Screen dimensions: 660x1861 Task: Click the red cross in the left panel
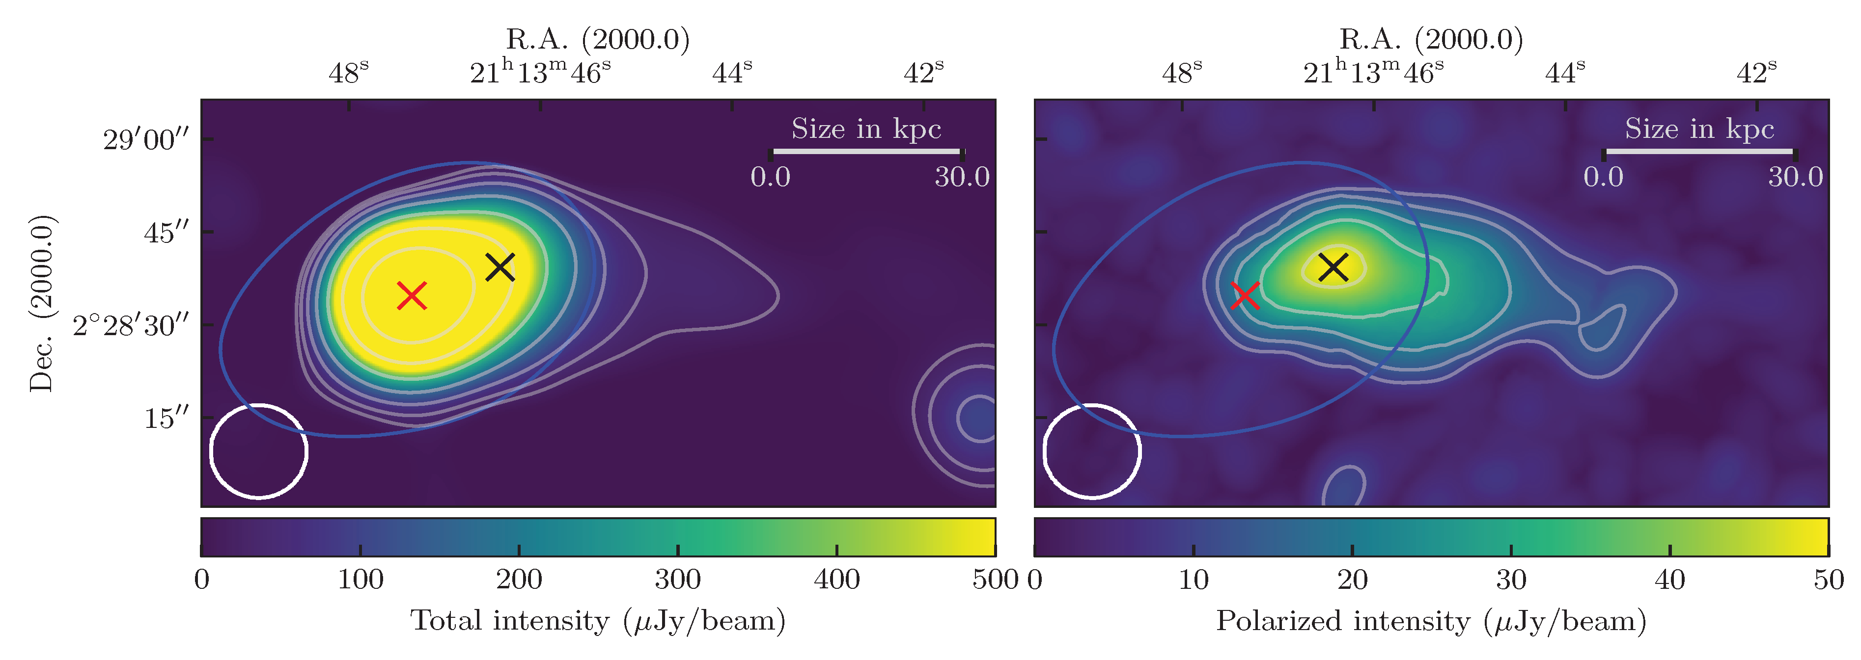(x=412, y=295)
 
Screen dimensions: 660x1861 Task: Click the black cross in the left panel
(x=500, y=267)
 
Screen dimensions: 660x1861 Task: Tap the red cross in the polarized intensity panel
(x=1245, y=295)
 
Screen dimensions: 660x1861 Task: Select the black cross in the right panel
(x=1333, y=267)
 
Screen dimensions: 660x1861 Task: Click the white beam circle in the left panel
(x=259, y=451)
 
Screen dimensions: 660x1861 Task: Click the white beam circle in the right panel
(x=1092, y=451)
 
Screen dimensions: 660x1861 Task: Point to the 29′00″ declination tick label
(x=147, y=139)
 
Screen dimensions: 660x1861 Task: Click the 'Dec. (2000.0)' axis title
(x=41, y=303)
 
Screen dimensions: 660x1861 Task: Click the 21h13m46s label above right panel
(x=1373, y=72)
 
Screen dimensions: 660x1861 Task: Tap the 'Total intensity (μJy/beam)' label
(x=597, y=621)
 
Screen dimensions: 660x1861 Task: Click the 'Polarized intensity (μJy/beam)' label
(x=1430, y=621)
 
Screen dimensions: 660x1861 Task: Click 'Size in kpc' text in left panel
(x=866, y=129)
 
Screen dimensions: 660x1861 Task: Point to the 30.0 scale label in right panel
(x=1795, y=177)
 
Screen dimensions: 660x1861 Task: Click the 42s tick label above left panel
(x=923, y=72)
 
